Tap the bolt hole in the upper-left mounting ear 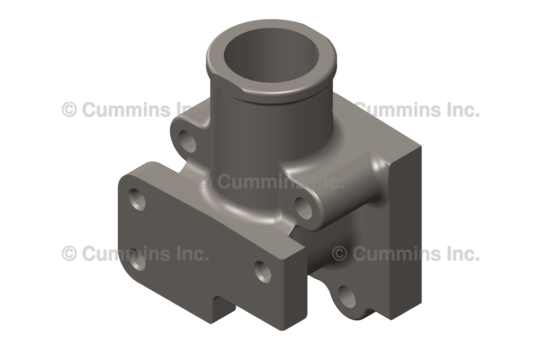[x=187, y=141]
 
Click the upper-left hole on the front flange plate [x=137, y=200]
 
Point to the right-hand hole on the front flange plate [x=263, y=272]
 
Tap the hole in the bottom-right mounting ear [x=347, y=298]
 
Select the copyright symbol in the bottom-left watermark [x=69, y=253]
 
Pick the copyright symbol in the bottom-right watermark [x=340, y=253]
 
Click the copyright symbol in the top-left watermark [x=69, y=110]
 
